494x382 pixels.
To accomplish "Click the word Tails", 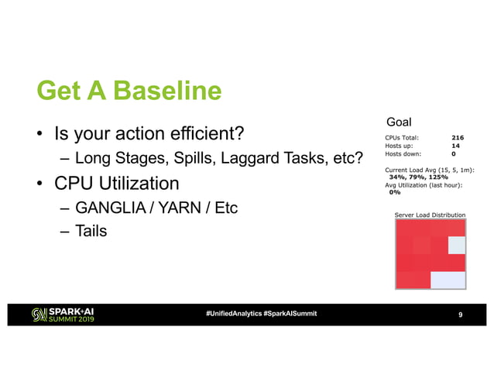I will coord(91,232).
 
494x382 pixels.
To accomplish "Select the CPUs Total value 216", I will coord(458,136).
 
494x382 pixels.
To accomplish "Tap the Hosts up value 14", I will coord(456,145).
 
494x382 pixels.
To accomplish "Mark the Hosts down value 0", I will coord(454,153).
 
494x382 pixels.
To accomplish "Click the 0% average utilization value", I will coord(394,192).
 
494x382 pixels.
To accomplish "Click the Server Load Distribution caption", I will coord(430,215).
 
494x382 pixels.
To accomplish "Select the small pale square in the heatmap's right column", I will coord(457,245).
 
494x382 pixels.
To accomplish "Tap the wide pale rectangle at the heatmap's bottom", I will coord(448,280).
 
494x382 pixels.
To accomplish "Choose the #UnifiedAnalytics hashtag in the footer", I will coord(233,313).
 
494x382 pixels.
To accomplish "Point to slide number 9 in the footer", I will coord(461,314).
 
